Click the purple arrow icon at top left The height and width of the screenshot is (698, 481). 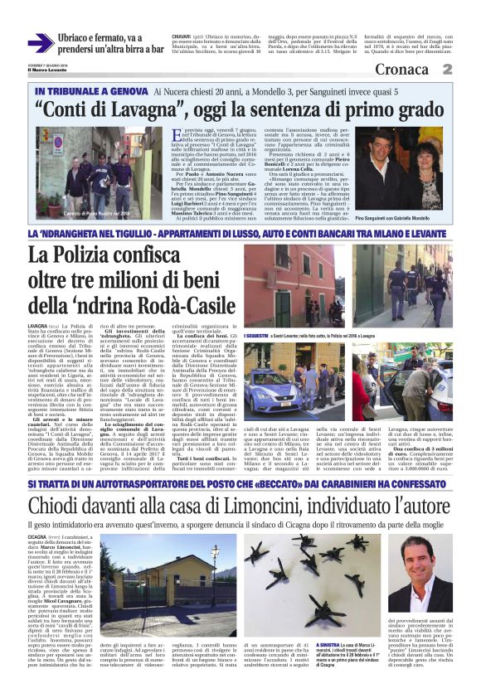point(41,43)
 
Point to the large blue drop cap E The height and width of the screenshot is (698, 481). point(178,137)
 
